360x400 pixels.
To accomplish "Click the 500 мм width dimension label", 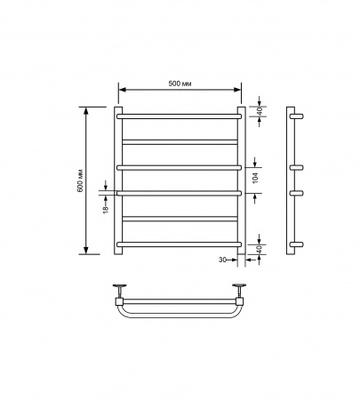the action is [180, 84].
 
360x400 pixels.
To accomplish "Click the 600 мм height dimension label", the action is [81, 180].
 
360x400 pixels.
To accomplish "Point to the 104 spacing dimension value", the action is [255, 178].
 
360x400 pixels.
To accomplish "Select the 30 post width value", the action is [222, 260].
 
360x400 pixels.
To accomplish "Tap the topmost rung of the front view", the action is [180, 116].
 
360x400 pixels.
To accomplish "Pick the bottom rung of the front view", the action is [180, 244].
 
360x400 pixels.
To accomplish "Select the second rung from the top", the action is [180, 142].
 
